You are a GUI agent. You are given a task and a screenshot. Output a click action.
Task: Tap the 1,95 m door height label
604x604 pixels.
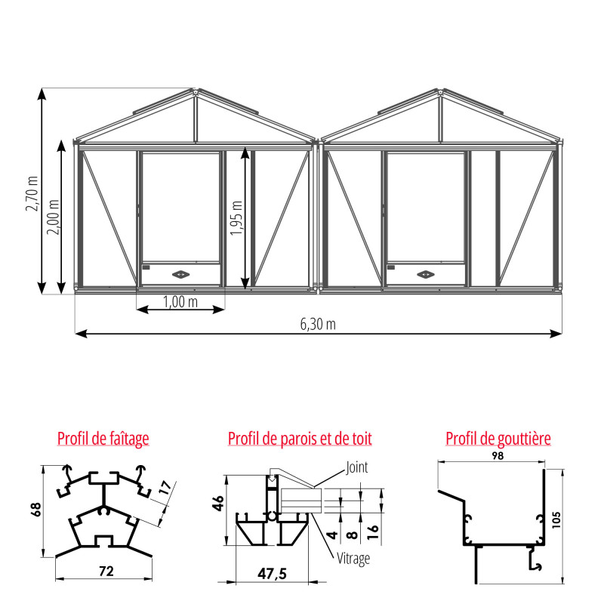point(237,217)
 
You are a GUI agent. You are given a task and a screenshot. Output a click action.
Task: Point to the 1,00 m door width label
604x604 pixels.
point(180,302)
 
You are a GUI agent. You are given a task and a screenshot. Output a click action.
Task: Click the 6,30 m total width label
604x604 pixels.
point(318,324)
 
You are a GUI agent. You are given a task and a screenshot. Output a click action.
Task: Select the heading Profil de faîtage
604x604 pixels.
point(103,438)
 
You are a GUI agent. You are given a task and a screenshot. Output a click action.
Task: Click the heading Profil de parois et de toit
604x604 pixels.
point(300,438)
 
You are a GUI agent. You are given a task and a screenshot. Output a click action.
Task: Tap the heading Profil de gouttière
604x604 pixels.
point(498,438)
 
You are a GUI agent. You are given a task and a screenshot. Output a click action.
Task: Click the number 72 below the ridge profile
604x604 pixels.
point(106,571)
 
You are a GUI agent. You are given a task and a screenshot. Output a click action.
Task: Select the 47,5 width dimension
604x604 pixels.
point(272,574)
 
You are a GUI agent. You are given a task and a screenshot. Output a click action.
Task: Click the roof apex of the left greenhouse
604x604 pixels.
point(195,92)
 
